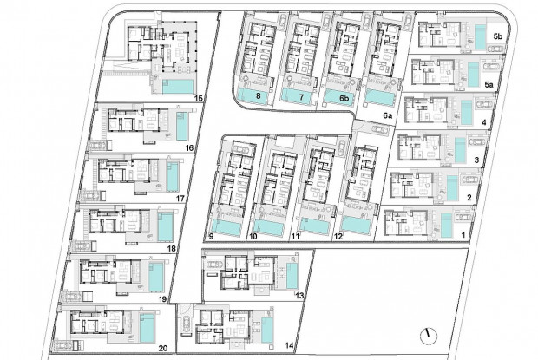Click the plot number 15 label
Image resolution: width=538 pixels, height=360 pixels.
[x=199, y=99]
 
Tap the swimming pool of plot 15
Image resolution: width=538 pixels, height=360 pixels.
[x=177, y=87]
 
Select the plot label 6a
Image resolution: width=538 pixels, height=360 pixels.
[x=388, y=116]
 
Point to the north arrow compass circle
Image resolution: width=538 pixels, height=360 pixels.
[x=429, y=336]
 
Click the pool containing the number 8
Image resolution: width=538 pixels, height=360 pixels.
[x=253, y=95]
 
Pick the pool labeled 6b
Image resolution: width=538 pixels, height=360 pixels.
[x=338, y=96]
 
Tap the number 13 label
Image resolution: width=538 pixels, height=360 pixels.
[x=299, y=295]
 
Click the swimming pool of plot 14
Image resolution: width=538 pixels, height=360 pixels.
[x=267, y=330]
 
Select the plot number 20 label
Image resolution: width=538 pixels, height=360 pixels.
[x=163, y=349]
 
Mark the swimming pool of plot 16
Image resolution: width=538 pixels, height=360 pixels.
[x=182, y=126]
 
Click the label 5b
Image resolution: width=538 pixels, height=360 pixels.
[x=498, y=36]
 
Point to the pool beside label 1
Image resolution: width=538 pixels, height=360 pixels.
[x=446, y=226]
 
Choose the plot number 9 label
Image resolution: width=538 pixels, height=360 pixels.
[x=211, y=236]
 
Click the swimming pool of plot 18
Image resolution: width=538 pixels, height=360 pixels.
[x=166, y=226]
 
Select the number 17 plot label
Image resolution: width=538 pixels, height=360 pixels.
[x=180, y=198]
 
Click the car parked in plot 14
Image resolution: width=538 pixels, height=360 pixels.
[x=186, y=324]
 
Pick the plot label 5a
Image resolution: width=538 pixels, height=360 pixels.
[x=489, y=84]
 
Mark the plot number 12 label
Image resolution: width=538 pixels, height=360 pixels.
[x=338, y=237]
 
